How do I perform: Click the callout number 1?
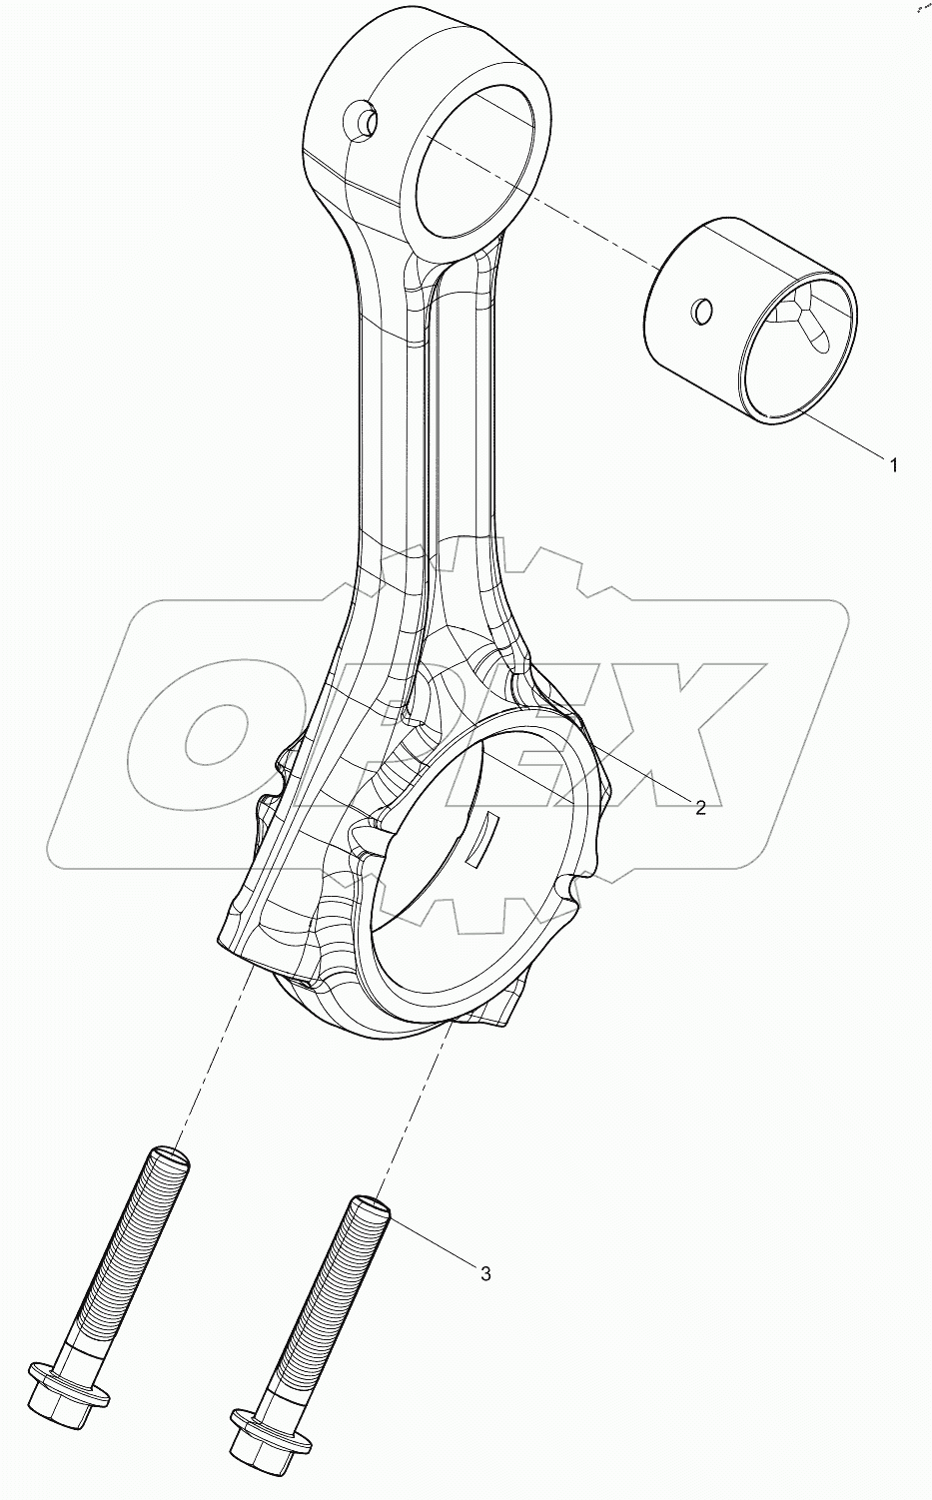tap(893, 464)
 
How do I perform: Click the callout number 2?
tap(700, 807)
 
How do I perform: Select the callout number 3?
tap(485, 1273)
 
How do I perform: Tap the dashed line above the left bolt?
tap(210, 1059)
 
